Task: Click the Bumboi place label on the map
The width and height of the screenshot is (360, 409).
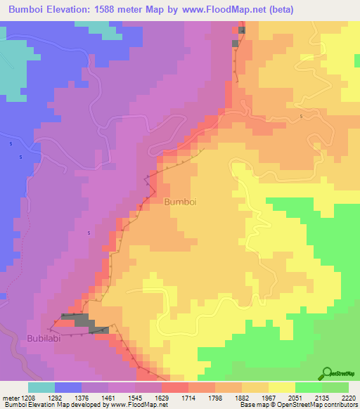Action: click(180, 201)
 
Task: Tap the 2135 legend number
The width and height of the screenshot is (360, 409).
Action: click(323, 398)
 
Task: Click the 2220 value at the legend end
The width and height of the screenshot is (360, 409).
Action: click(349, 398)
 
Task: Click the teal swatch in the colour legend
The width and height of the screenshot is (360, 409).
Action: click(41, 387)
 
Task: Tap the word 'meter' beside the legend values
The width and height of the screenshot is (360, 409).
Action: click(10, 398)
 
